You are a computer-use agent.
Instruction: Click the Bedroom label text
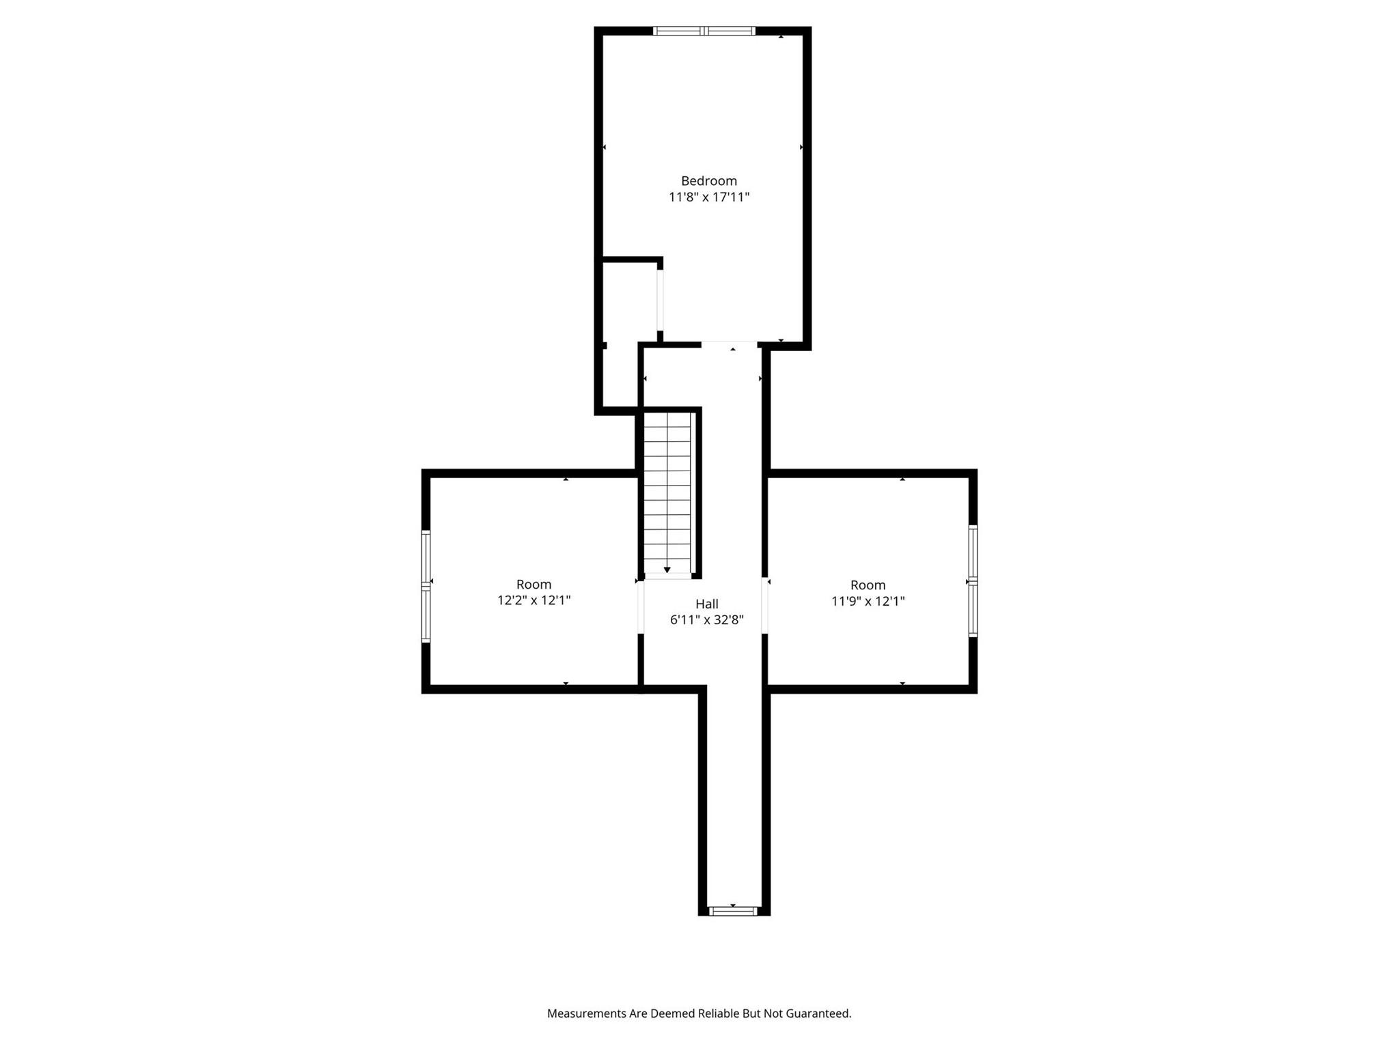(709, 181)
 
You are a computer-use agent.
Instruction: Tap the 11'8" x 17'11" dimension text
(709, 197)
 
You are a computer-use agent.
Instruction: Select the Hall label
(707, 604)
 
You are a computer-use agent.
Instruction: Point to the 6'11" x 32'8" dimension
(707, 620)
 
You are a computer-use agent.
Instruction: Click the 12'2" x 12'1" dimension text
(534, 600)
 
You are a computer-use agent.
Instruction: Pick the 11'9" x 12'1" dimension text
(868, 601)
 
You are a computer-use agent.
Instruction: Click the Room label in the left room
(534, 585)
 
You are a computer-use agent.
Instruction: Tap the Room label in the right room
(868, 585)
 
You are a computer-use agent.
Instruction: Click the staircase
(667, 493)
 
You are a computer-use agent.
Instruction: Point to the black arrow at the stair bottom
(667, 570)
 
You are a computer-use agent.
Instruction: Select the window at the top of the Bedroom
(704, 31)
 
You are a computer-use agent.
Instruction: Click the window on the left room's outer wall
(426, 587)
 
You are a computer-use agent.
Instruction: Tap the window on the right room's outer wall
(973, 581)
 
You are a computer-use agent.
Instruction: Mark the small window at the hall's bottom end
(733, 911)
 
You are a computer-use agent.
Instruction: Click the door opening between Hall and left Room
(641, 607)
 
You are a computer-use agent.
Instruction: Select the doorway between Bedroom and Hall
(730, 344)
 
